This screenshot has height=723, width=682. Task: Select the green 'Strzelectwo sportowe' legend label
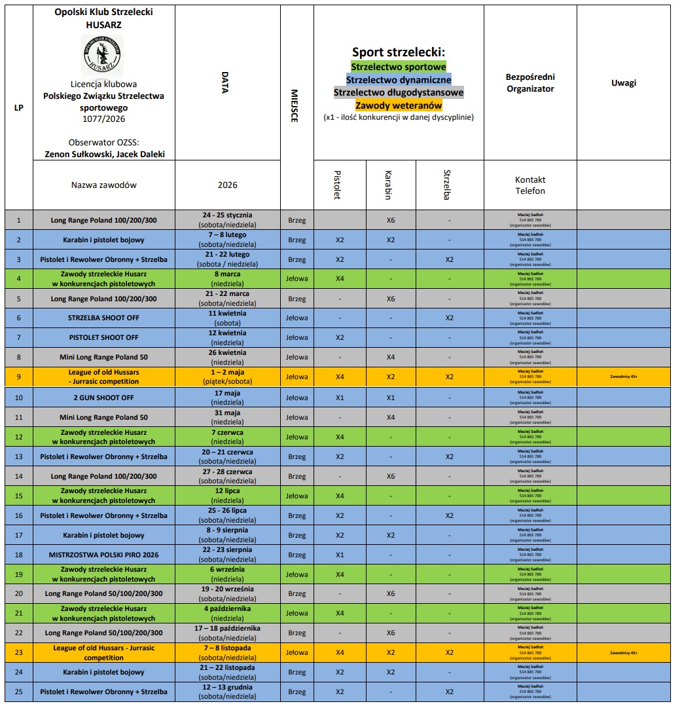coord(399,67)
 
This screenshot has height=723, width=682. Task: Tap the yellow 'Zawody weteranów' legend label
coord(399,105)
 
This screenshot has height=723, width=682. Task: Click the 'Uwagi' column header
coord(623,83)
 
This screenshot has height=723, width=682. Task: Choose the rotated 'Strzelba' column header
coord(448,185)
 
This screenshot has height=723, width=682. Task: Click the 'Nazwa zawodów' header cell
coord(104,185)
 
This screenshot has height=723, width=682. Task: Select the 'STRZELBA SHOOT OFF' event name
coord(104,318)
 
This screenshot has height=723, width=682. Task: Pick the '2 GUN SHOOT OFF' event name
coord(104,398)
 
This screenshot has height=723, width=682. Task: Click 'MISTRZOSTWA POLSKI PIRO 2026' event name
coord(104,555)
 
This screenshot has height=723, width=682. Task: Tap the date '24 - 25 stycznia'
coord(228,215)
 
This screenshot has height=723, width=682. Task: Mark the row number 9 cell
coord(19,377)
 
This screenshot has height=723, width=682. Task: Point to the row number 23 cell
coord(19,652)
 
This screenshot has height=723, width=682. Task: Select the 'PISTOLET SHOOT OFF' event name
coord(104,338)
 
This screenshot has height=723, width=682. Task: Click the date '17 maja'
coord(228,394)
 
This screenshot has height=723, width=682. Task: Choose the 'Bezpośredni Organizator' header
coord(530,83)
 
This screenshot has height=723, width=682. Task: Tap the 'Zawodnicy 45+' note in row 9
coord(623,377)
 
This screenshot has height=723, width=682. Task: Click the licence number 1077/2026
coord(103,119)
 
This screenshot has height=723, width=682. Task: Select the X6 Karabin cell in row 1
coord(390,220)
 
